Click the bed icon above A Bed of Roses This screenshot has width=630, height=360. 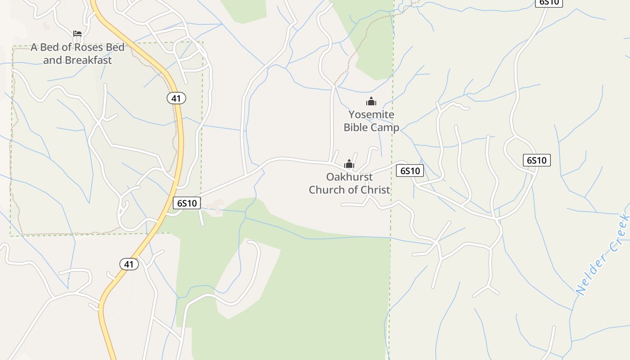click(x=77, y=34)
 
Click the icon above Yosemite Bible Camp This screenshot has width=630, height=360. click(x=371, y=101)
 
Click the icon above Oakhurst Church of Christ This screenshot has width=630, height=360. click(x=349, y=164)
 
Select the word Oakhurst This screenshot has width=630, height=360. click(x=350, y=177)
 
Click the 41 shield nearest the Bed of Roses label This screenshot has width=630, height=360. click(x=176, y=98)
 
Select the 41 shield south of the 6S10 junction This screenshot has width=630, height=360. click(x=129, y=264)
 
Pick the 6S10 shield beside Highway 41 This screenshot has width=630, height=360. click(x=187, y=203)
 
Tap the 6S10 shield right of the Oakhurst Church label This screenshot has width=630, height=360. click(x=410, y=171)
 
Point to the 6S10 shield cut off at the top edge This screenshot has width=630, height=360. click(x=549, y=2)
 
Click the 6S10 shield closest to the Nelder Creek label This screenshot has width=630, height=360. click(x=537, y=160)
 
